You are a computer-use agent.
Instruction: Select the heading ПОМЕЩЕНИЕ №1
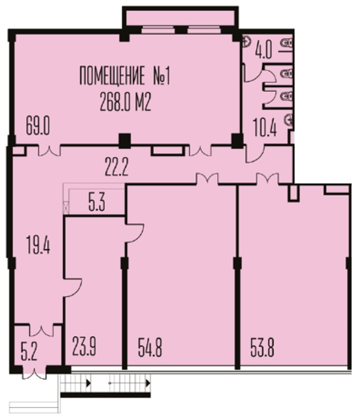coord(124,75)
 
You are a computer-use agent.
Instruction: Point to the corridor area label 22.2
coord(117,167)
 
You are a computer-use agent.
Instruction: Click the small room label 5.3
coord(97,202)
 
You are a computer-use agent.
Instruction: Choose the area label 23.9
coord(84,346)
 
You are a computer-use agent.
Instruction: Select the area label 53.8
coord(262,347)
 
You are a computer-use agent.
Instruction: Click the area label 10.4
coord(265,127)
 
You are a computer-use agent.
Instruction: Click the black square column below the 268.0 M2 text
coord(124,141)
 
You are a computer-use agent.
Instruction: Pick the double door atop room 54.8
coord(207,178)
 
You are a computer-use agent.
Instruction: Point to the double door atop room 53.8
coord(267,178)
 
